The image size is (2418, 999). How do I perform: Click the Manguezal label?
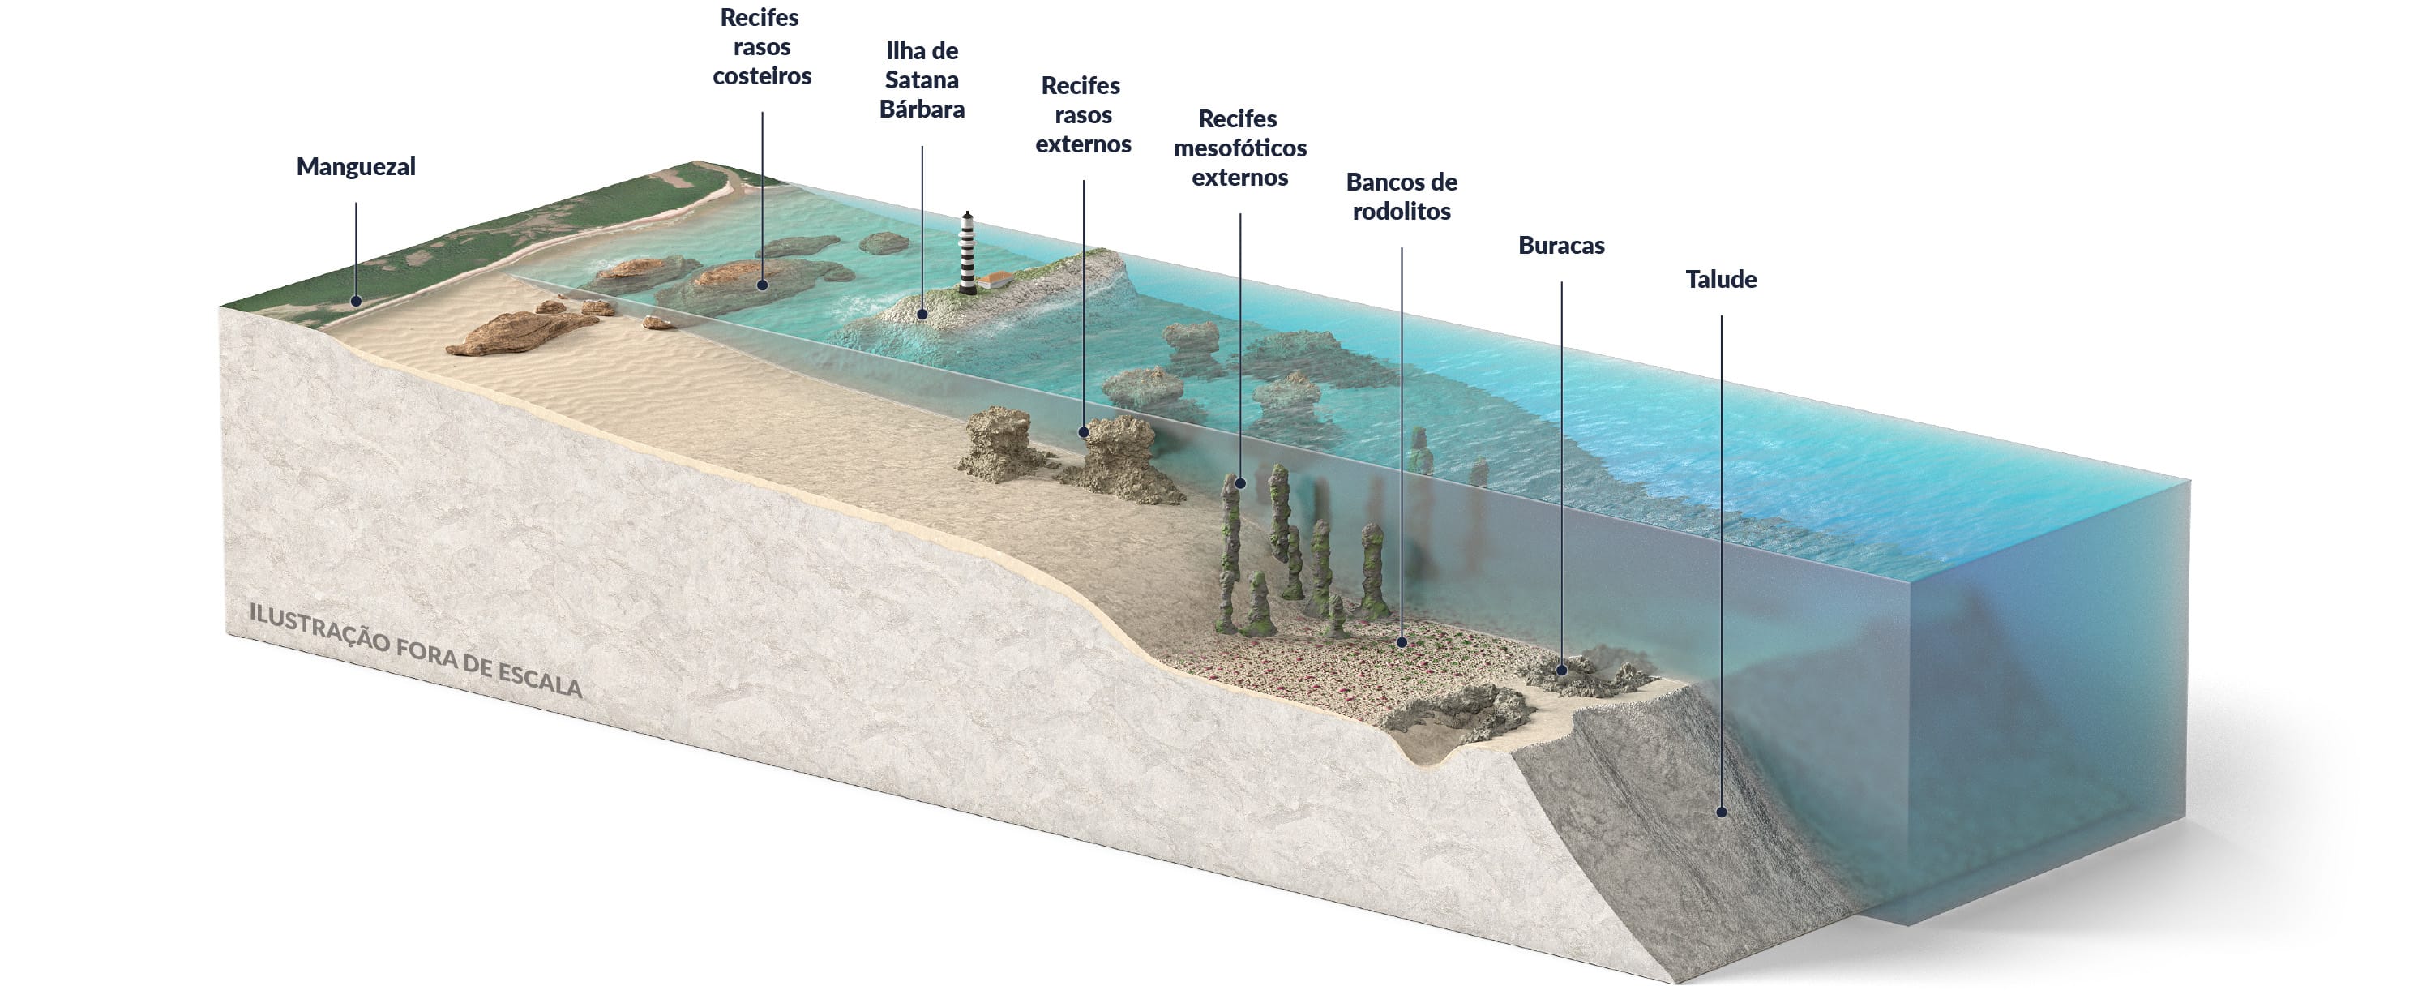(x=356, y=167)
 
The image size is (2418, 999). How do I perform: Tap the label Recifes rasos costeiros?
(x=761, y=47)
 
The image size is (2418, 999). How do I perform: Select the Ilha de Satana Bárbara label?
(x=922, y=79)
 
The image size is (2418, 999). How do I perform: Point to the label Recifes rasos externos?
(x=1082, y=114)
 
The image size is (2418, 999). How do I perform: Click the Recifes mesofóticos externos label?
(x=1239, y=148)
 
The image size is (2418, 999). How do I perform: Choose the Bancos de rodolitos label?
(x=1402, y=196)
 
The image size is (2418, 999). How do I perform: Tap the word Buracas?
(x=1561, y=246)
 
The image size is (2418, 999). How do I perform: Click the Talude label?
(x=1721, y=280)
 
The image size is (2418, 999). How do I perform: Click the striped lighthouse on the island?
(x=967, y=251)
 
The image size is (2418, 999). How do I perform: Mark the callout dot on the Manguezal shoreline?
(x=356, y=302)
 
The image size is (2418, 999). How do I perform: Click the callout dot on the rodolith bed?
(x=1402, y=643)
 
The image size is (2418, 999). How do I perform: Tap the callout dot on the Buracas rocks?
(x=1562, y=671)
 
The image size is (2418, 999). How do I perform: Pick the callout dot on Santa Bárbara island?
(x=922, y=315)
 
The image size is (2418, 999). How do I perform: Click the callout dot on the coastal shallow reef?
(x=762, y=285)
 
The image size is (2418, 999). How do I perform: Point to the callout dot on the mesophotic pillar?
(x=1240, y=483)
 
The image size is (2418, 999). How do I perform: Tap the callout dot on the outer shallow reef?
(x=1084, y=433)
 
